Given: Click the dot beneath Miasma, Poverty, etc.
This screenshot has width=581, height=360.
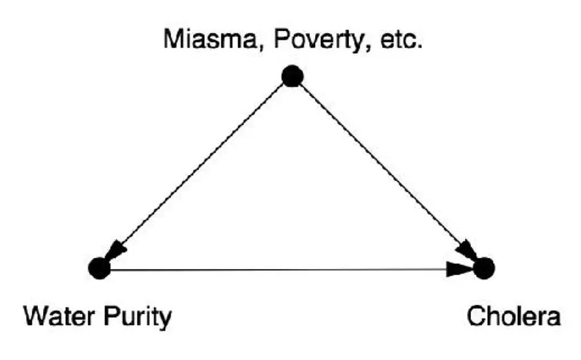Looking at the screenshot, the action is (292, 76).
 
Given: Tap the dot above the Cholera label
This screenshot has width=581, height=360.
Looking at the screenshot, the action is (484, 269).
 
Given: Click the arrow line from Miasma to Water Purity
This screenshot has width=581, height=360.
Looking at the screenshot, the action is (199, 169).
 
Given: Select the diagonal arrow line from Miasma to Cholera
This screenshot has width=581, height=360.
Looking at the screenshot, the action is (385, 169).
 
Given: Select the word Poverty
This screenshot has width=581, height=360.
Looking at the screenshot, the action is (306, 41).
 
